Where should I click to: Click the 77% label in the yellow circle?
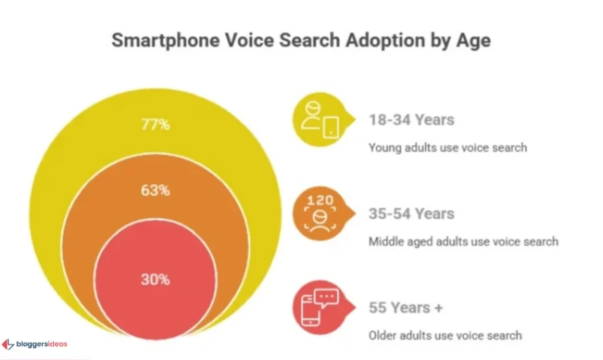pos(155,125)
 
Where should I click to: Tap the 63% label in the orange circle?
pos(155,190)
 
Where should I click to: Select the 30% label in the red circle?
pos(155,280)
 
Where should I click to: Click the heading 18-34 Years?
pos(411,120)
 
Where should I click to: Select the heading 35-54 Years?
pos(411,214)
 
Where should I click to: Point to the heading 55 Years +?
pos(406,307)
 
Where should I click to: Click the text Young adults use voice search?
pos(447,147)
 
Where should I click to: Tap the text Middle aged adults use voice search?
pos(463,241)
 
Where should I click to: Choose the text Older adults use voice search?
pos(445,335)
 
